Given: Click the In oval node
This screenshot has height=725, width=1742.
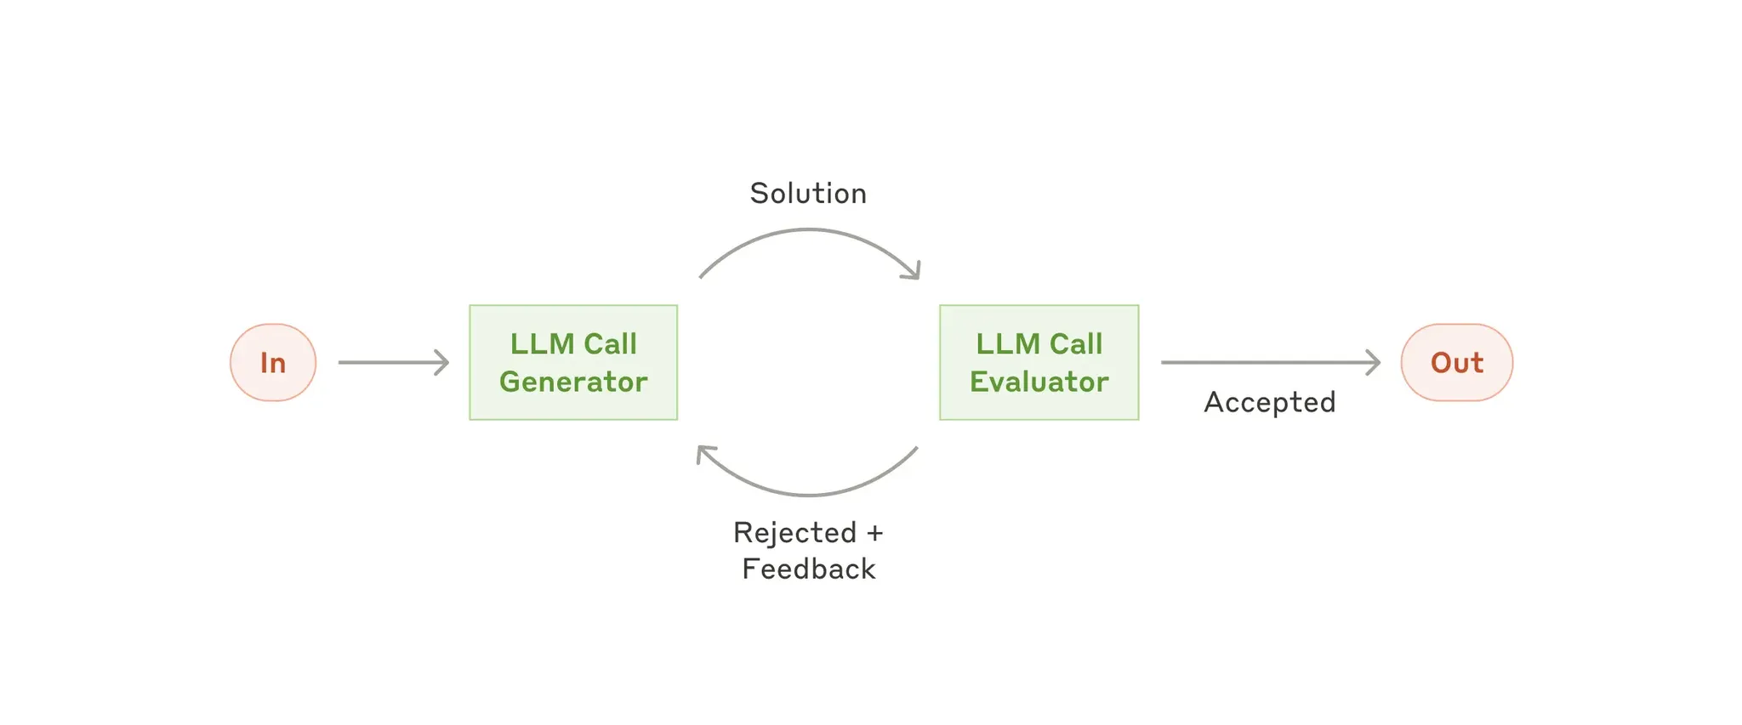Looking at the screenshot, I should pos(272,362).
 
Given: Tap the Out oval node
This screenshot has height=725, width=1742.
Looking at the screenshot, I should pos(1456,362).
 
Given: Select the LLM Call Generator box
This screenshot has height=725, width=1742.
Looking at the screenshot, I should pos(573,362).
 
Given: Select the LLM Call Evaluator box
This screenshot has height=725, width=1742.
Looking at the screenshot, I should pos(1039,362).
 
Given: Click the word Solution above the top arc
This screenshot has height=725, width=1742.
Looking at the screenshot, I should pos(808,194).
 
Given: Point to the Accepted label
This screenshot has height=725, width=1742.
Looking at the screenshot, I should pos(1269,402).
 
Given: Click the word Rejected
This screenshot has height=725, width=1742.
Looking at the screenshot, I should pos(794,533).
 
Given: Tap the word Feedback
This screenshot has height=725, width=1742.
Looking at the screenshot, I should pos(808,569).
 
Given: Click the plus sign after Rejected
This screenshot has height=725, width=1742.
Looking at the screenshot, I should pos(874,534).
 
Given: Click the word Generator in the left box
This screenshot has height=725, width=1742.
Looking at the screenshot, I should pos(573,382).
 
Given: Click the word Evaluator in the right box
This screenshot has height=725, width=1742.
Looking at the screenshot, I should pos(1039,382).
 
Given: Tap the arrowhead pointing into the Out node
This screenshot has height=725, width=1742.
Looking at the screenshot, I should pos(1374,362).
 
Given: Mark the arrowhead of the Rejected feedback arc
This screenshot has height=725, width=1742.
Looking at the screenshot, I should pos(703,452).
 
